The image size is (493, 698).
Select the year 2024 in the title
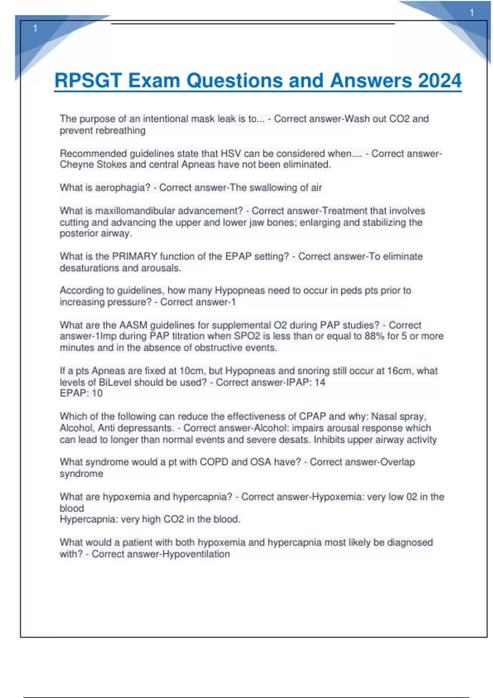click(440, 80)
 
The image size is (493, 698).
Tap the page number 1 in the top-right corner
click(472, 13)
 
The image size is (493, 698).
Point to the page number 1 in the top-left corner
click(35, 28)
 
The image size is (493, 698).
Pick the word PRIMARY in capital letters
click(135, 256)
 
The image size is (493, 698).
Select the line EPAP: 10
click(81, 393)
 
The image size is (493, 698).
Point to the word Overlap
click(398, 462)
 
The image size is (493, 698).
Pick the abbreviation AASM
click(134, 325)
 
